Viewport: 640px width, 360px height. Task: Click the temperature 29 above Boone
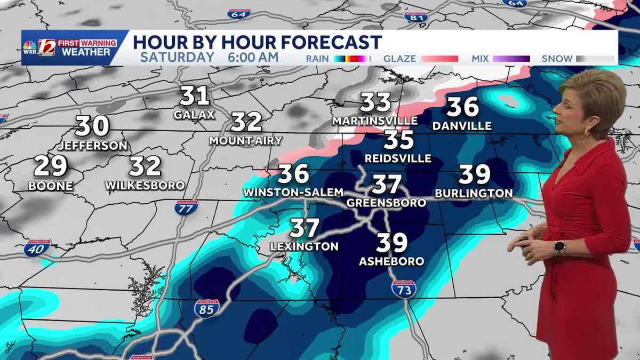[x=51, y=166]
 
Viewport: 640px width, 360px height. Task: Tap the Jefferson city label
[x=93, y=145]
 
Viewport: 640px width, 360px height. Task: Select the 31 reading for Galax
[x=194, y=97]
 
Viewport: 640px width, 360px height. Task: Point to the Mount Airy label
[x=246, y=141]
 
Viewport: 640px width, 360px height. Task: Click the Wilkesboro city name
[x=145, y=186]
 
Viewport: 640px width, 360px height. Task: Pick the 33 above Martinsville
[x=376, y=102]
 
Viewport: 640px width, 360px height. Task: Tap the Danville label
[x=462, y=126]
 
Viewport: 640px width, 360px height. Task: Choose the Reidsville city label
[x=398, y=159]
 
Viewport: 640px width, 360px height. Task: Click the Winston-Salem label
[x=293, y=192]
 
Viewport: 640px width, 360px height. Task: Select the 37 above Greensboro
[x=386, y=184]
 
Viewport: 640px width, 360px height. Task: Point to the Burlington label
[x=474, y=193]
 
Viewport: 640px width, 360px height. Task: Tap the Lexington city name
[x=305, y=246]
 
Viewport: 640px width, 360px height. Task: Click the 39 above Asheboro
[x=392, y=243]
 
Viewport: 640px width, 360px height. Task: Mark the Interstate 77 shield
[x=186, y=207]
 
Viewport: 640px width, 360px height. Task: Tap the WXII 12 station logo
[x=46, y=47]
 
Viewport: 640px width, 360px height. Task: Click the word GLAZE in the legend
[x=400, y=59]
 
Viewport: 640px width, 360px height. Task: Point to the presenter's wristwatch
[x=559, y=247]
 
